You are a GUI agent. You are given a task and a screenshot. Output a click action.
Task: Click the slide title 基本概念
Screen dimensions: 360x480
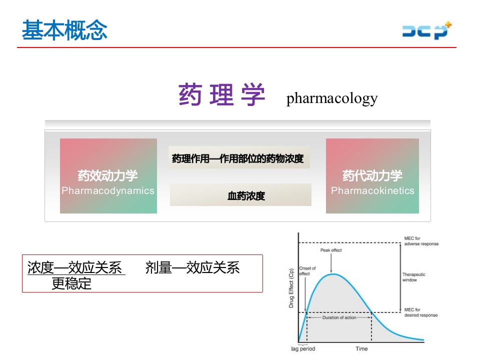point(64,30)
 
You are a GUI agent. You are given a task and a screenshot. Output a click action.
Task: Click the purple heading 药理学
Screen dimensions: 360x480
point(221,95)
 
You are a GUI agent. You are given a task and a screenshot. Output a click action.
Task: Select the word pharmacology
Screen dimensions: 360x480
point(332,98)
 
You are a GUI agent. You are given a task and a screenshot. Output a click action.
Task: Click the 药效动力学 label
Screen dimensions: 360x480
point(107,176)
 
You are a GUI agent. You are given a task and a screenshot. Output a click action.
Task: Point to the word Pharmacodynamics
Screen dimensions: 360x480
point(108,190)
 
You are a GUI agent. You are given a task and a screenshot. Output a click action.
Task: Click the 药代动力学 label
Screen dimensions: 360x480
point(372,176)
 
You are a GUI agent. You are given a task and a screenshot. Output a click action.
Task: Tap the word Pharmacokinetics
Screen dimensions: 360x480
point(372,190)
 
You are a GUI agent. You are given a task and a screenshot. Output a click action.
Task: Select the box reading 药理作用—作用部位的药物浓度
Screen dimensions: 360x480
point(238,158)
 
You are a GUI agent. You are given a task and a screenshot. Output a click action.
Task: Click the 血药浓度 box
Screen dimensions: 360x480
point(246,196)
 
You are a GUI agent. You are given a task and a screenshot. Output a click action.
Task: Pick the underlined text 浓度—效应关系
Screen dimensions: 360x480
point(75,268)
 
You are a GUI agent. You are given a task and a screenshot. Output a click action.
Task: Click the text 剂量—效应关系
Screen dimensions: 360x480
point(192,268)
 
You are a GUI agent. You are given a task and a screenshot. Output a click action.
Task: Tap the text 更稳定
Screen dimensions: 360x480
point(72,283)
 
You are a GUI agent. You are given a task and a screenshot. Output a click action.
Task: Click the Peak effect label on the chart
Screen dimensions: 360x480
point(331,250)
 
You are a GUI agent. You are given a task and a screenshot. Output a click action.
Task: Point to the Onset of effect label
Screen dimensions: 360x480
point(307,271)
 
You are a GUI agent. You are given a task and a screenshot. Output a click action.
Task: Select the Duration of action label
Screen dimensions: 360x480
point(339,317)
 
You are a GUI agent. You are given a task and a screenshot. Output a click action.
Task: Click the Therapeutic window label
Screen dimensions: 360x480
point(414,277)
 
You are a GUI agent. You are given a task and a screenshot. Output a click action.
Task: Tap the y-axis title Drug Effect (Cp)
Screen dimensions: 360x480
point(291,288)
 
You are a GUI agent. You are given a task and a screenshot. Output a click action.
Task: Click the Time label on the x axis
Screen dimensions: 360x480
point(361,348)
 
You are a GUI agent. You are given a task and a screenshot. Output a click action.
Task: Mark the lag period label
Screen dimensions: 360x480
point(303,348)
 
